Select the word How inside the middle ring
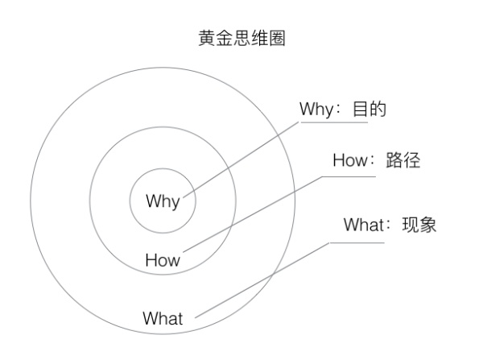click(163, 260)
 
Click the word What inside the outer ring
click(163, 318)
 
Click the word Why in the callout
click(315, 110)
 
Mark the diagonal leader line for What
click(266, 278)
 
